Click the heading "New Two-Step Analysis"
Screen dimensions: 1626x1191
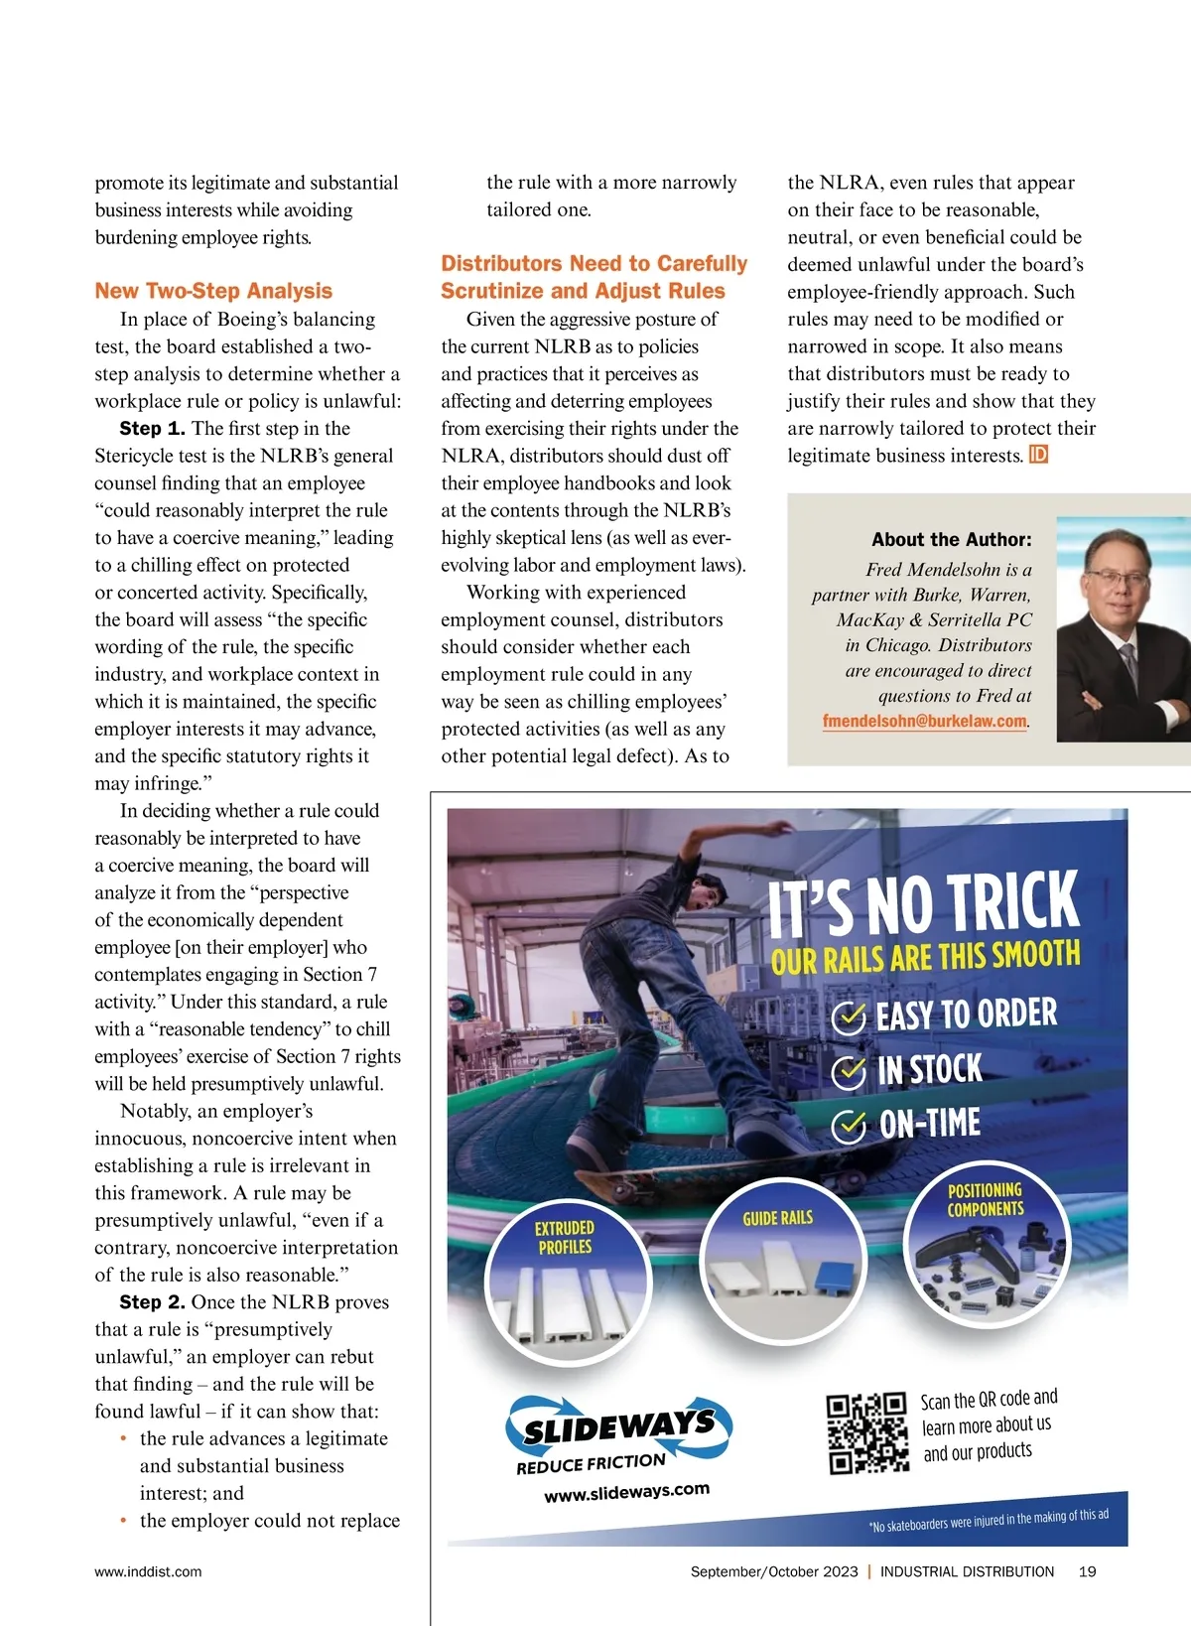(x=213, y=291)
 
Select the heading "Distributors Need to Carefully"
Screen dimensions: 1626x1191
(x=594, y=263)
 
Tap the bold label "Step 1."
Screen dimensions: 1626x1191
(x=152, y=429)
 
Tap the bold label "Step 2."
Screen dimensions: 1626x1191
(x=152, y=1302)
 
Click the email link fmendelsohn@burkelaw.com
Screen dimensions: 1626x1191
(x=924, y=722)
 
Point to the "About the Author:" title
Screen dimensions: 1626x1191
(x=951, y=540)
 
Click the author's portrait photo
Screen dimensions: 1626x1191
(x=1124, y=629)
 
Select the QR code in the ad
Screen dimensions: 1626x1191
(x=866, y=1432)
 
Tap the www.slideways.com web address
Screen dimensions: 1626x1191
(x=626, y=1492)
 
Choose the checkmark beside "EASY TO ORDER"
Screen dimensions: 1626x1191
(x=848, y=1017)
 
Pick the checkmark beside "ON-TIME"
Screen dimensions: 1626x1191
(x=848, y=1126)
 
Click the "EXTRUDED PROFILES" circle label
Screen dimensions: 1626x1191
(x=565, y=1237)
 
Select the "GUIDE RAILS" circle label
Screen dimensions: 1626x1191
(x=777, y=1218)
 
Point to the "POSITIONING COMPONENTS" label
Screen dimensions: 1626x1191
(x=985, y=1199)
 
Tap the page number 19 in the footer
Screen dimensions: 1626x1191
(x=1087, y=1571)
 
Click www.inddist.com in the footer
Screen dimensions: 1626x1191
(x=148, y=1571)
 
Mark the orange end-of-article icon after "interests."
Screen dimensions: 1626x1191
(x=1039, y=455)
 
